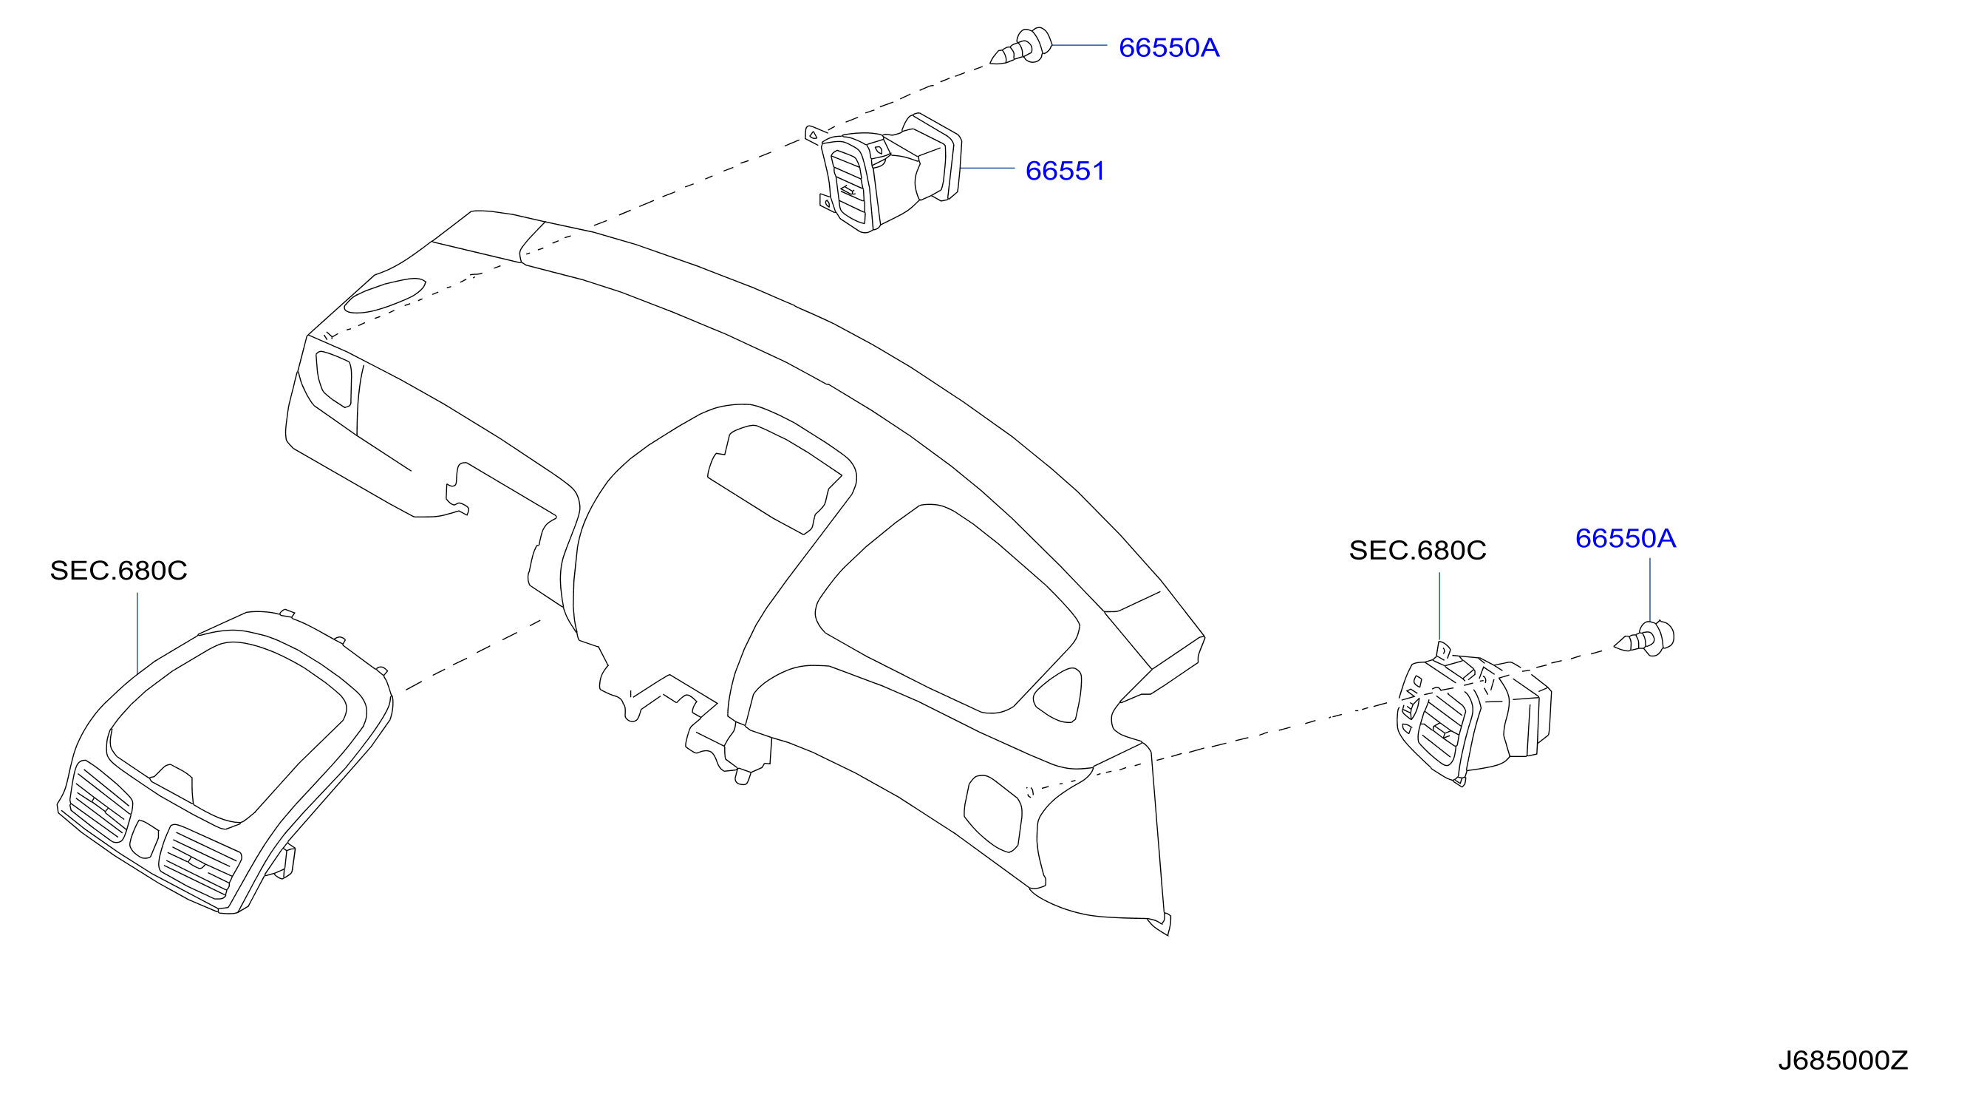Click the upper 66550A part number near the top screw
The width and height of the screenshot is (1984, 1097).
point(1168,48)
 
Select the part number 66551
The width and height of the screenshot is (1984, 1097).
point(1066,171)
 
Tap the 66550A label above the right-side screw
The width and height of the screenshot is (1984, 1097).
point(1625,538)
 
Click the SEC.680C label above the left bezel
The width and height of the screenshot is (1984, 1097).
point(119,571)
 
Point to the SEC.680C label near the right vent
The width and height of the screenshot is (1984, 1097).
point(1417,551)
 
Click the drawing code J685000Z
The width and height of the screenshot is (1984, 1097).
point(1842,1061)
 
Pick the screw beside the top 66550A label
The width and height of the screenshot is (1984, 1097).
point(1021,47)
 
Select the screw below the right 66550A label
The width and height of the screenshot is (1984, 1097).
point(1644,639)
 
